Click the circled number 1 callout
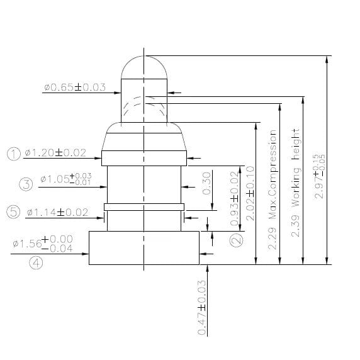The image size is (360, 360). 14,153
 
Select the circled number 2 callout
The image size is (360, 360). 235,240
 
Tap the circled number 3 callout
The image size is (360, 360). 26,184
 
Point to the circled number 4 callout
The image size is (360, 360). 36,264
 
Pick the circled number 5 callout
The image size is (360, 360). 14,211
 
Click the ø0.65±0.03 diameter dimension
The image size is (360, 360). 75,87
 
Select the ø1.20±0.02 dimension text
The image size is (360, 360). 56,153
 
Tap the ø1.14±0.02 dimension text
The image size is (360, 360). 57,212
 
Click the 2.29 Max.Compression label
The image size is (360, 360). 273,189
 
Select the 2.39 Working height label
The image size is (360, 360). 296,183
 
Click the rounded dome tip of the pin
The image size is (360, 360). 144,65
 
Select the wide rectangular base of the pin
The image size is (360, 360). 144,247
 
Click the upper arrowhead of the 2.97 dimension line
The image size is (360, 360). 326,60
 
